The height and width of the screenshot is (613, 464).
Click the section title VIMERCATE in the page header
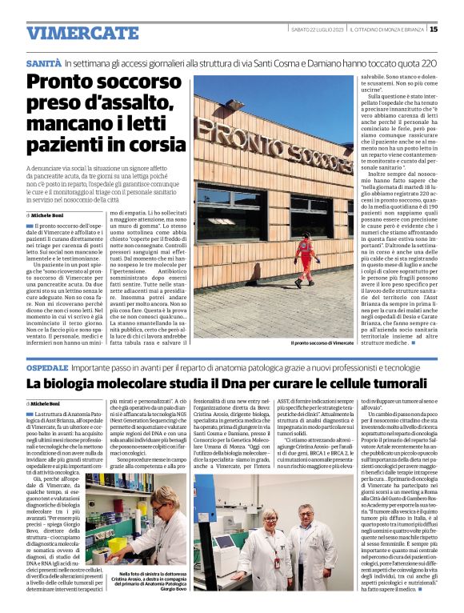pyautogui.click(x=71, y=33)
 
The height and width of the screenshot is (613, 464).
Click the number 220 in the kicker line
pyautogui.click(x=428, y=62)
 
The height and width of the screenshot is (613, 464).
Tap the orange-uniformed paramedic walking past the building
pyautogui.click(x=304, y=260)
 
